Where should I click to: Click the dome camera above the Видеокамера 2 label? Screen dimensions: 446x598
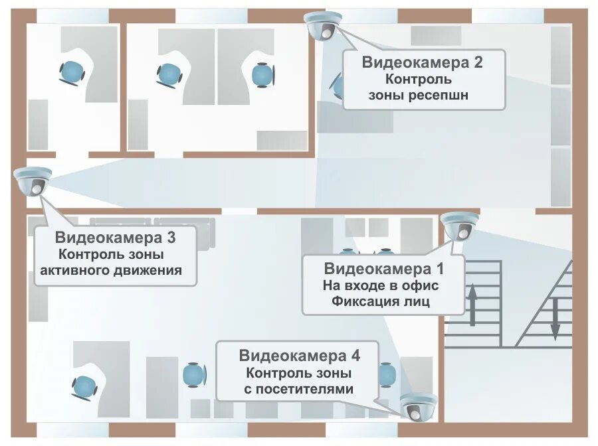323,26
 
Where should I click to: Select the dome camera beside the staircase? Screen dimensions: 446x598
460,226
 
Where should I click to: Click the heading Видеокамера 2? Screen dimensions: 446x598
423,63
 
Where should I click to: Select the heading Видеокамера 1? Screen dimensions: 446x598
383,269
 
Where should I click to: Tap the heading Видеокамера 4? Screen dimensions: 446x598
300,355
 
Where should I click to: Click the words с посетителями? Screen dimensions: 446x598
299,389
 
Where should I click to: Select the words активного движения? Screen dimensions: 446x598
111,271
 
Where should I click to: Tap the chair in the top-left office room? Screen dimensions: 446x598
71,70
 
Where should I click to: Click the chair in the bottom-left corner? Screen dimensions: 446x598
84,384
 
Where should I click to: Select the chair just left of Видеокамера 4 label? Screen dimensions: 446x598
194,376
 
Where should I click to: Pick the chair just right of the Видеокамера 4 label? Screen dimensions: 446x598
387,375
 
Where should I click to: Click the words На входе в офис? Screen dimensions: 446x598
381,285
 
